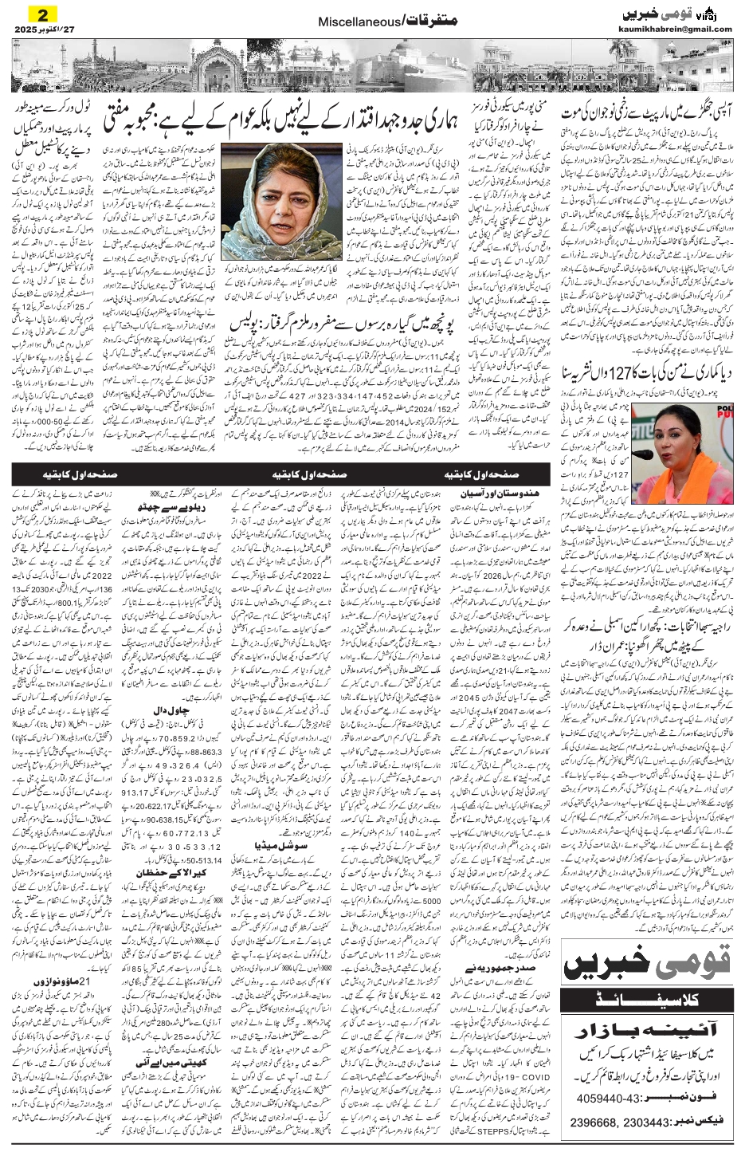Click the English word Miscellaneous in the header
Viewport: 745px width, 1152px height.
click(351, 25)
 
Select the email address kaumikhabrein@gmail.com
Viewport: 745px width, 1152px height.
click(675, 29)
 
